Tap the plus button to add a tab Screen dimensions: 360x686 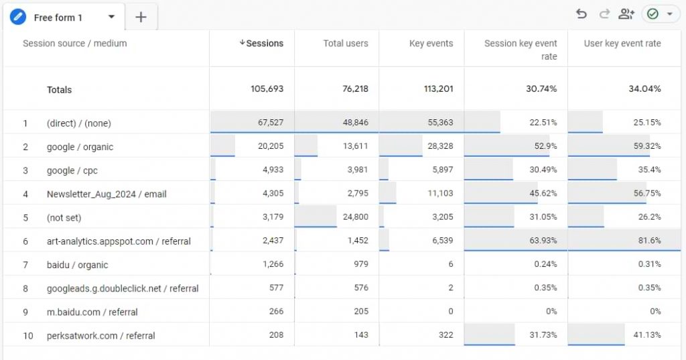click(141, 17)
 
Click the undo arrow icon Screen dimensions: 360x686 click(581, 14)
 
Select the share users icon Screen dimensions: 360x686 click(626, 14)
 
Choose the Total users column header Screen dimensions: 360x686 click(346, 44)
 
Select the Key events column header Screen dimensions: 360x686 click(431, 44)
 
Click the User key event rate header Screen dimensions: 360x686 click(622, 44)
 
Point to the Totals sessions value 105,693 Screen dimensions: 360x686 click(265, 89)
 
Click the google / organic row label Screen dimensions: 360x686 click(80, 147)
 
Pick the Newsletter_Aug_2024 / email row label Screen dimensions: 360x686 click(107, 194)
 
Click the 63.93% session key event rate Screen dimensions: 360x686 click(543, 241)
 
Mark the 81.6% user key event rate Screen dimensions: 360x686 click(649, 241)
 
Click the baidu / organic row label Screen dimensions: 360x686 click(77, 265)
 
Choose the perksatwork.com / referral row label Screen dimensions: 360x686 click(100, 335)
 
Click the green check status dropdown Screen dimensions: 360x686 click(661, 14)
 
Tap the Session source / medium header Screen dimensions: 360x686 click(74, 44)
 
